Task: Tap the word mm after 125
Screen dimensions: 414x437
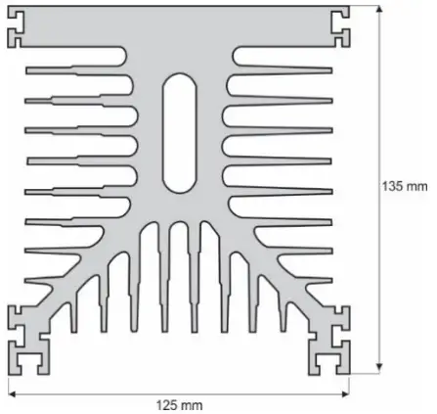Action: pos(193,403)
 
